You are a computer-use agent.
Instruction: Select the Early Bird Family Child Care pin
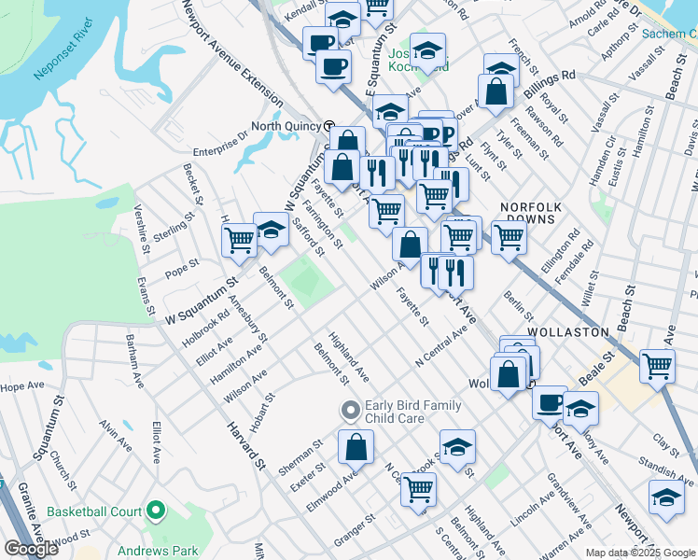tap(351, 410)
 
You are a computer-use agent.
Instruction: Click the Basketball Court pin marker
tap(155, 511)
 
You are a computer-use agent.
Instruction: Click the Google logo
tap(31, 549)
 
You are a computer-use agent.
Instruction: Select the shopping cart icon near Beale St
tap(657, 366)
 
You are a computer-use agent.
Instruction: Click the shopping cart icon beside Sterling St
tap(239, 240)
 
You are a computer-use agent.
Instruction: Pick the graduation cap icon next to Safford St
tap(272, 230)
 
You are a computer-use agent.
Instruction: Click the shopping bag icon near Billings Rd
tap(496, 91)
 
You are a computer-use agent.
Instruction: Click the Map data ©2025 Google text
tap(640, 553)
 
